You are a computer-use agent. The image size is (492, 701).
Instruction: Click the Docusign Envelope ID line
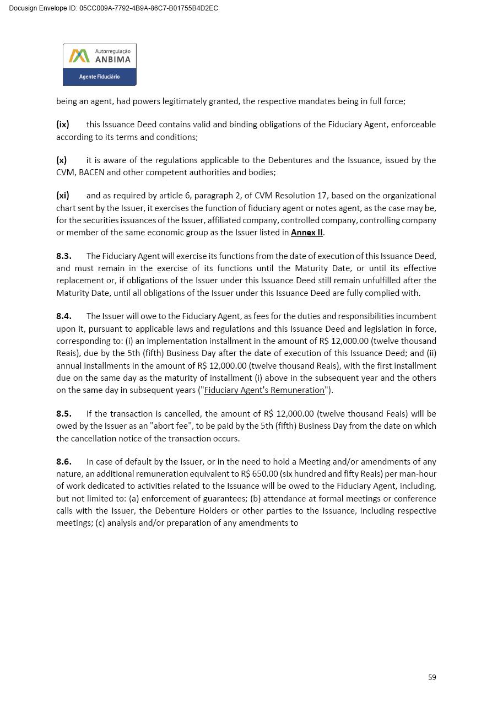click(x=113, y=8)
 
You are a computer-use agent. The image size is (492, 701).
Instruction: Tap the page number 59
click(x=432, y=677)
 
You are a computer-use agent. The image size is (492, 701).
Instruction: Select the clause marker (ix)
click(x=62, y=125)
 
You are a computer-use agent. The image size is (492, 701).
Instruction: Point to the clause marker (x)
click(x=61, y=160)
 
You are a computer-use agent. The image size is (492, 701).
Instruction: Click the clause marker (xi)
click(x=62, y=196)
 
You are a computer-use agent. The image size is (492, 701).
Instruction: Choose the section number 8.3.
click(x=63, y=256)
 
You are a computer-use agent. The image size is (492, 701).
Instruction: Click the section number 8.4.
click(x=63, y=316)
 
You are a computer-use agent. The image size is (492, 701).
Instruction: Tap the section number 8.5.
click(x=63, y=414)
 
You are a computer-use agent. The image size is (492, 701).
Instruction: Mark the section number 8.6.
click(x=63, y=462)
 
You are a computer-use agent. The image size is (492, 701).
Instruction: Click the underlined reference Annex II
click(x=306, y=233)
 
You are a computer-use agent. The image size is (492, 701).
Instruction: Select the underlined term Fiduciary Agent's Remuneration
click(x=264, y=390)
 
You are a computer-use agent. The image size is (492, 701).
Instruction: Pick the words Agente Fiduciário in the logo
click(x=99, y=77)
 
